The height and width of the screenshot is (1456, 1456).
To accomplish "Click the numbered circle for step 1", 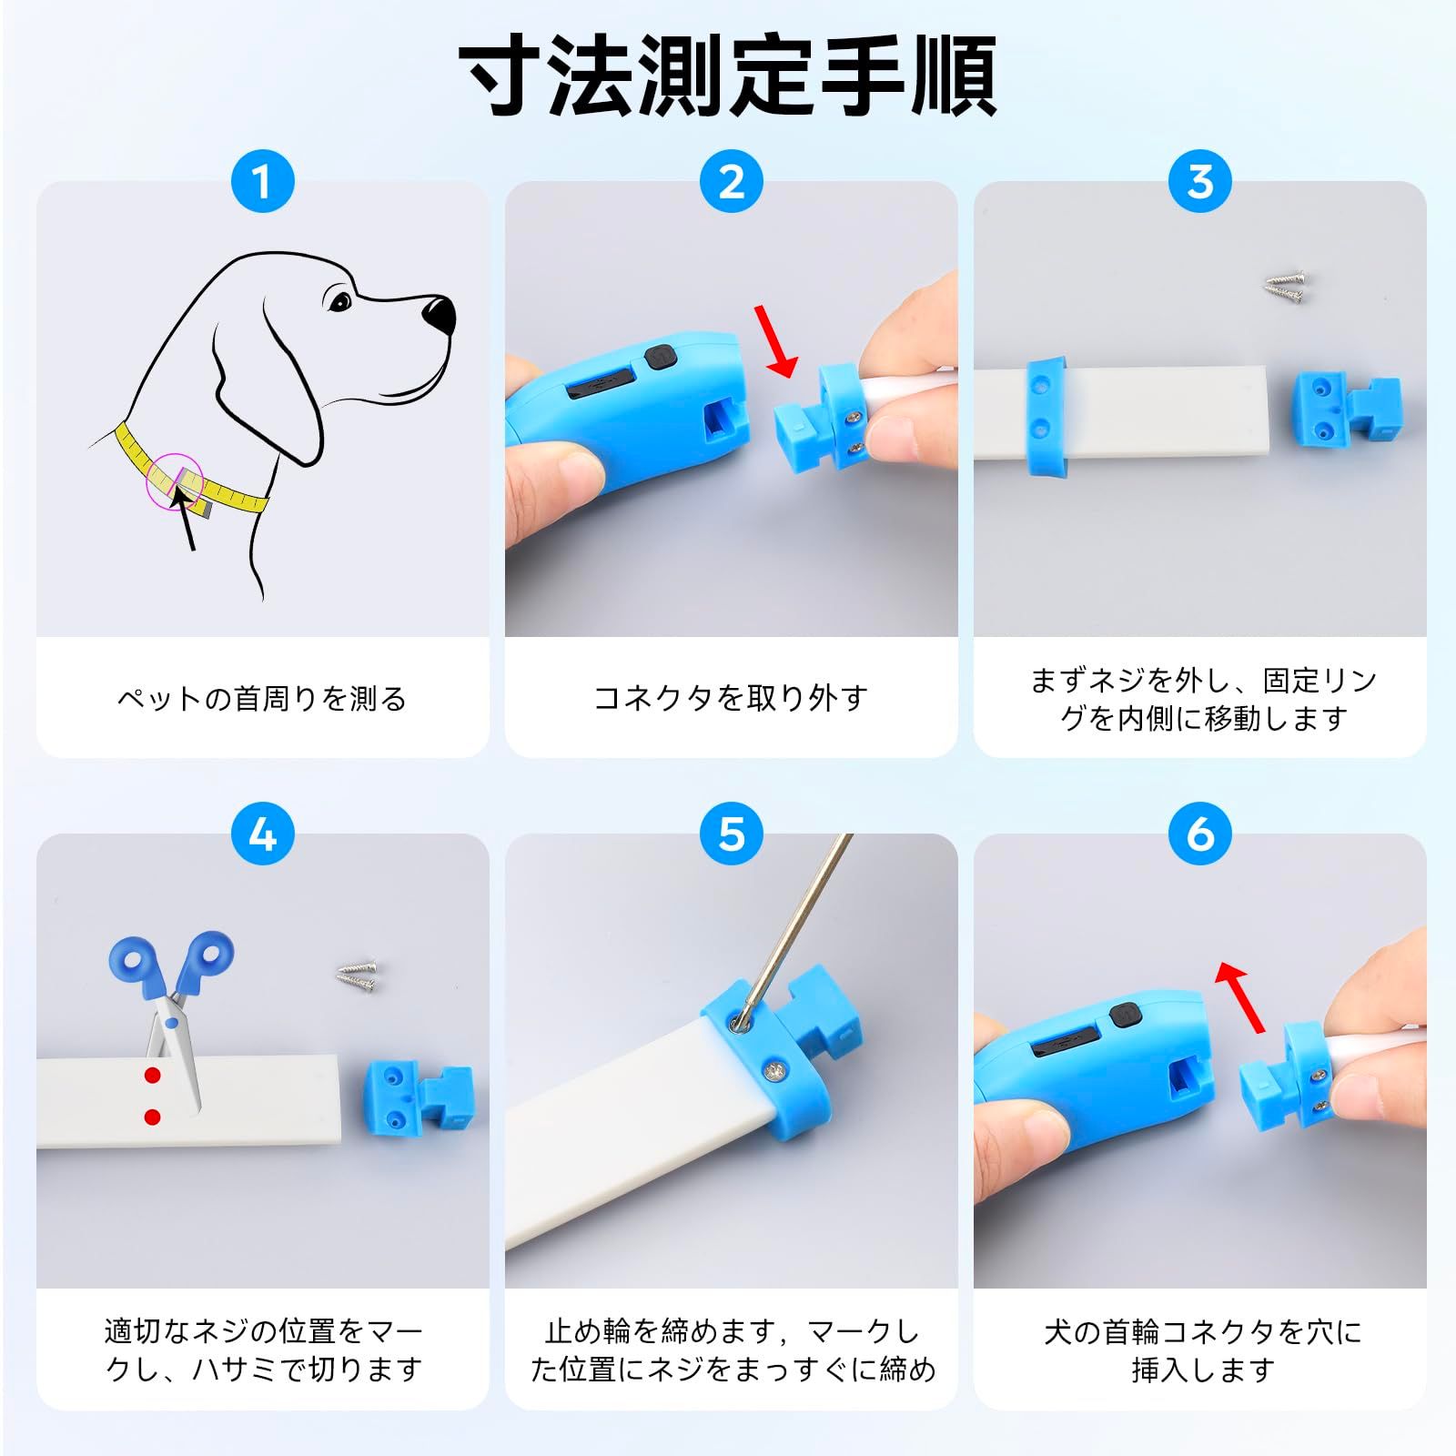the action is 262,181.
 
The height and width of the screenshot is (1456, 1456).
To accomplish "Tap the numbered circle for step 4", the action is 262,834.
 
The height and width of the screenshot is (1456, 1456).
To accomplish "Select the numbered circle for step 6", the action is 1199,834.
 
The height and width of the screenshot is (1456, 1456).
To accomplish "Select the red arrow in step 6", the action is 1240,997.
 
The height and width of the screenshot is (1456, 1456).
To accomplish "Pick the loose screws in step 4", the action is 357,975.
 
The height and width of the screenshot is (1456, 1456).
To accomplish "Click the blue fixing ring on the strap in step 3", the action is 1046,415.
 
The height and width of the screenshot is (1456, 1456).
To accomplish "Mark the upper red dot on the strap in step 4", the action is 152,1076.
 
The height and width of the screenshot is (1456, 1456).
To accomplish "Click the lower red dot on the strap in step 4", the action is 152,1117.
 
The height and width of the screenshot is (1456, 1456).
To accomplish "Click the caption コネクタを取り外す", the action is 731,698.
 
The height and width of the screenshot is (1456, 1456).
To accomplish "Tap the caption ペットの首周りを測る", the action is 262,698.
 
